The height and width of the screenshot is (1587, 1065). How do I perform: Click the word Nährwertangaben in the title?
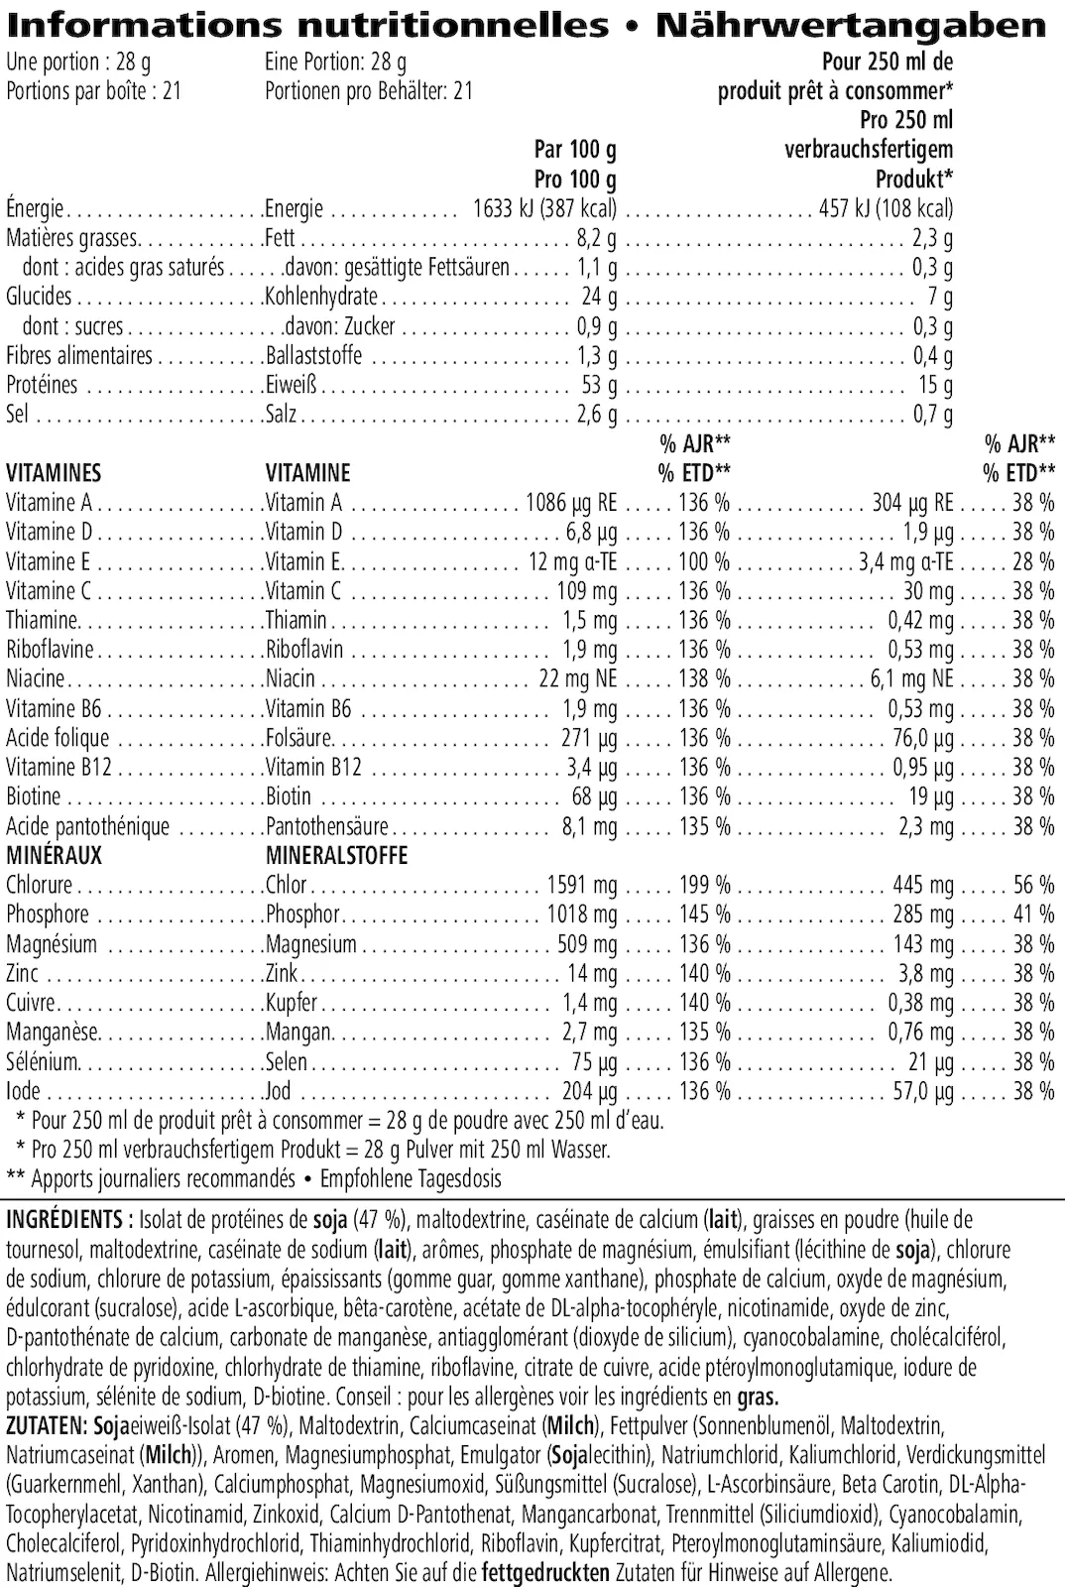pos(850,25)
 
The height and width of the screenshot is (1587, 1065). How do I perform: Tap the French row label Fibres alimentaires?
pos(79,355)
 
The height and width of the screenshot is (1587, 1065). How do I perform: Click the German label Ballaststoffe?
pos(313,355)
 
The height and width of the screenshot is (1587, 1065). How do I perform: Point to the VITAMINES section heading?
pos(54,473)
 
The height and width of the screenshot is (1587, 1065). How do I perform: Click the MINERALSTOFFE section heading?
pos(336,855)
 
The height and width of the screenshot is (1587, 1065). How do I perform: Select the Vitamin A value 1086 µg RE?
pos(570,503)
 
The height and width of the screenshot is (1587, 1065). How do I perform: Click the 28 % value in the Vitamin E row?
pos(1033,561)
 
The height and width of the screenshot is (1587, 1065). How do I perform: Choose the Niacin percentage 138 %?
pos(704,679)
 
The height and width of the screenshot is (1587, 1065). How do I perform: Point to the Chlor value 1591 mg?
pos(581,885)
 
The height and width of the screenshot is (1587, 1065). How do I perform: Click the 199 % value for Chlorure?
pos(704,885)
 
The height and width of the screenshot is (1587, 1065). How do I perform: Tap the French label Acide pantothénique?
pos(87,826)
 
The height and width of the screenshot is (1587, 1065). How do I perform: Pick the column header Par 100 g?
pos(575,150)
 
